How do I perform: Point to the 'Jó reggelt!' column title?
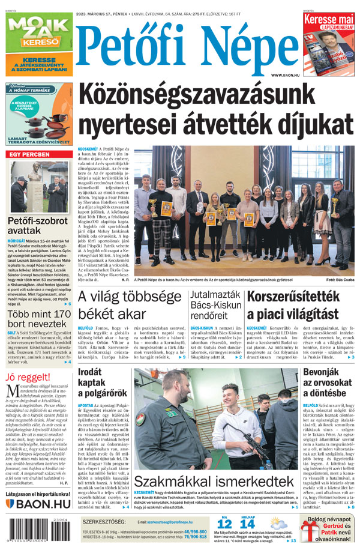[27, 377]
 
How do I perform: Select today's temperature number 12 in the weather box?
[224, 524]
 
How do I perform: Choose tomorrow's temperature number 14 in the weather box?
[247, 524]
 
